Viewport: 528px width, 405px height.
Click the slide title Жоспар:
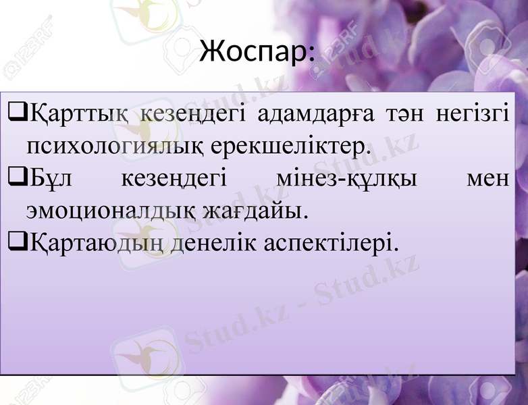pos(257,53)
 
